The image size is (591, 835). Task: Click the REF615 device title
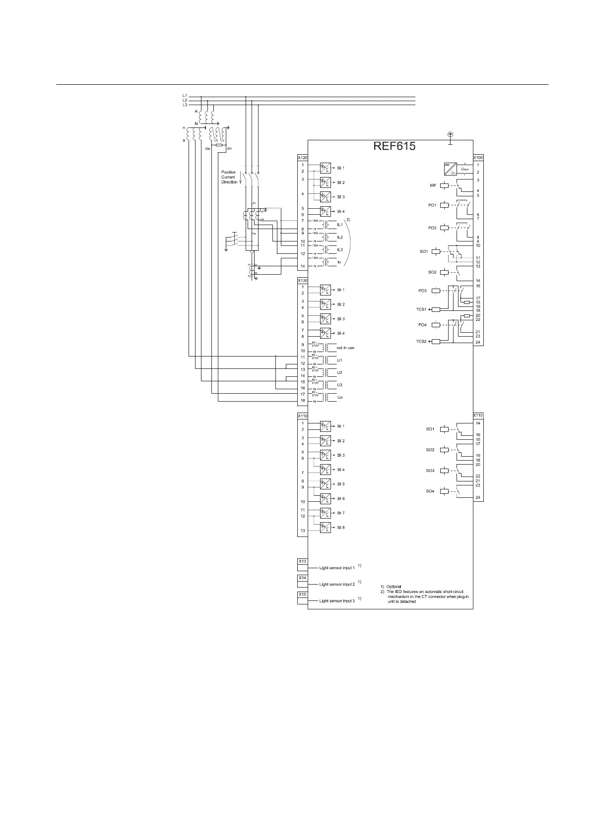coord(394,147)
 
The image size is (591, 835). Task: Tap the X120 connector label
coord(302,158)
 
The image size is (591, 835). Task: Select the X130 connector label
coord(302,281)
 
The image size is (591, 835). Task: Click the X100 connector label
coord(478,158)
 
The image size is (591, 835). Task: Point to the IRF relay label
coord(433,185)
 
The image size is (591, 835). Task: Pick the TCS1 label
coord(421,309)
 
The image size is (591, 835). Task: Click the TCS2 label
coord(421,342)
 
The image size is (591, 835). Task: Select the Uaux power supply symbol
coord(450,169)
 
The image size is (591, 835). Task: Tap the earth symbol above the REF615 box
coord(451,134)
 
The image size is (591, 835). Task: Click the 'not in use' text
coord(345,348)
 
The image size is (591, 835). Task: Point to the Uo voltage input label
coord(340,397)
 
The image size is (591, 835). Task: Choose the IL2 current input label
coord(340,238)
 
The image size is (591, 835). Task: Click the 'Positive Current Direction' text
coord(229,177)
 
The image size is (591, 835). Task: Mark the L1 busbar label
coord(185,95)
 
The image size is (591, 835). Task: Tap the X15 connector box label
coord(302,594)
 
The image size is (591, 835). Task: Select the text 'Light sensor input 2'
coord(337,584)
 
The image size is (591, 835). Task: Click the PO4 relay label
coord(422,325)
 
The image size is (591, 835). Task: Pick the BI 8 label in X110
coord(341,528)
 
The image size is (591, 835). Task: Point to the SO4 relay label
coord(430,491)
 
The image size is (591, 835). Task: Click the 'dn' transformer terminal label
coord(229,148)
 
